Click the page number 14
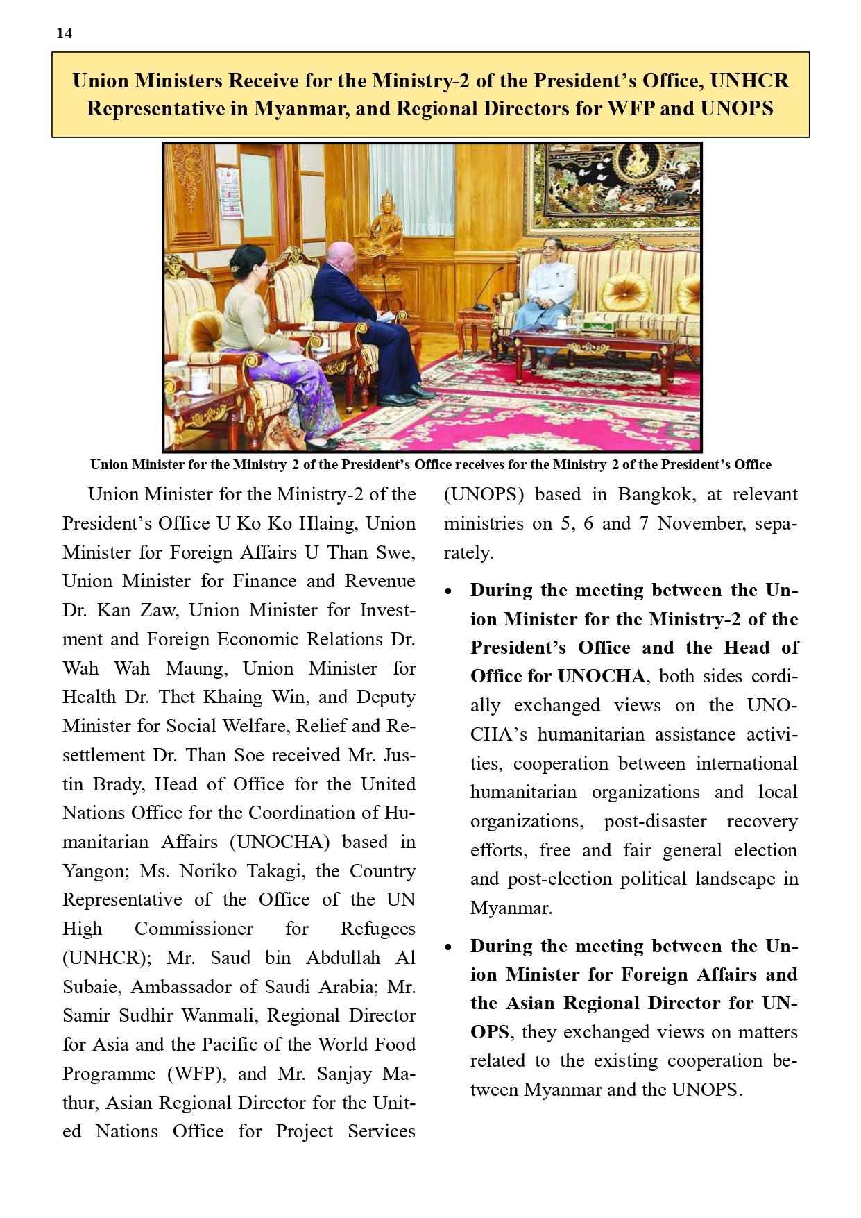tap(64, 33)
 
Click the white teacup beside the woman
tap(200, 381)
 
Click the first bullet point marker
tap(449, 591)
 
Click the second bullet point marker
tap(449, 947)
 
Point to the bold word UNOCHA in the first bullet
tap(601, 676)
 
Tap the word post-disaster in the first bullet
tap(655, 821)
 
